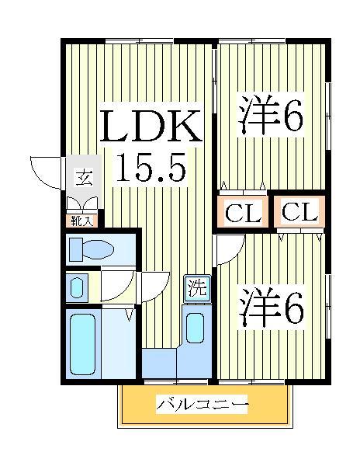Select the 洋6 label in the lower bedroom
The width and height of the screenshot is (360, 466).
pyautogui.click(x=270, y=309)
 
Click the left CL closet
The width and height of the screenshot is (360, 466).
pyautogui.click(x=243, y=213)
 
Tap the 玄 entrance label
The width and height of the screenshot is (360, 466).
pyautogui.click(x=82, y=178)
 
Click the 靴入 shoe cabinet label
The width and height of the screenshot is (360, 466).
pyautogui.click(x=82, y=221)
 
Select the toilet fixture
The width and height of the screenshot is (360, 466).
pyautogui.click(x=90, y=249)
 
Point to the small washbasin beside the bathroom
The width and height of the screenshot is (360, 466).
pyautogui.click(x=75, y=287)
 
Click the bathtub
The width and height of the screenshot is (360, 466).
pyautogui.click(x=83, y=343)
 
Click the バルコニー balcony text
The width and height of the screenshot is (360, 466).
pyautogui.click(x=202, y=405)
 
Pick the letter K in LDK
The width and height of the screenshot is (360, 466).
pyautogui.click(x=187, y=125)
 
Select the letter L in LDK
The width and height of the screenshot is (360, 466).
pyautogui.click(x=114, y=125)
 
